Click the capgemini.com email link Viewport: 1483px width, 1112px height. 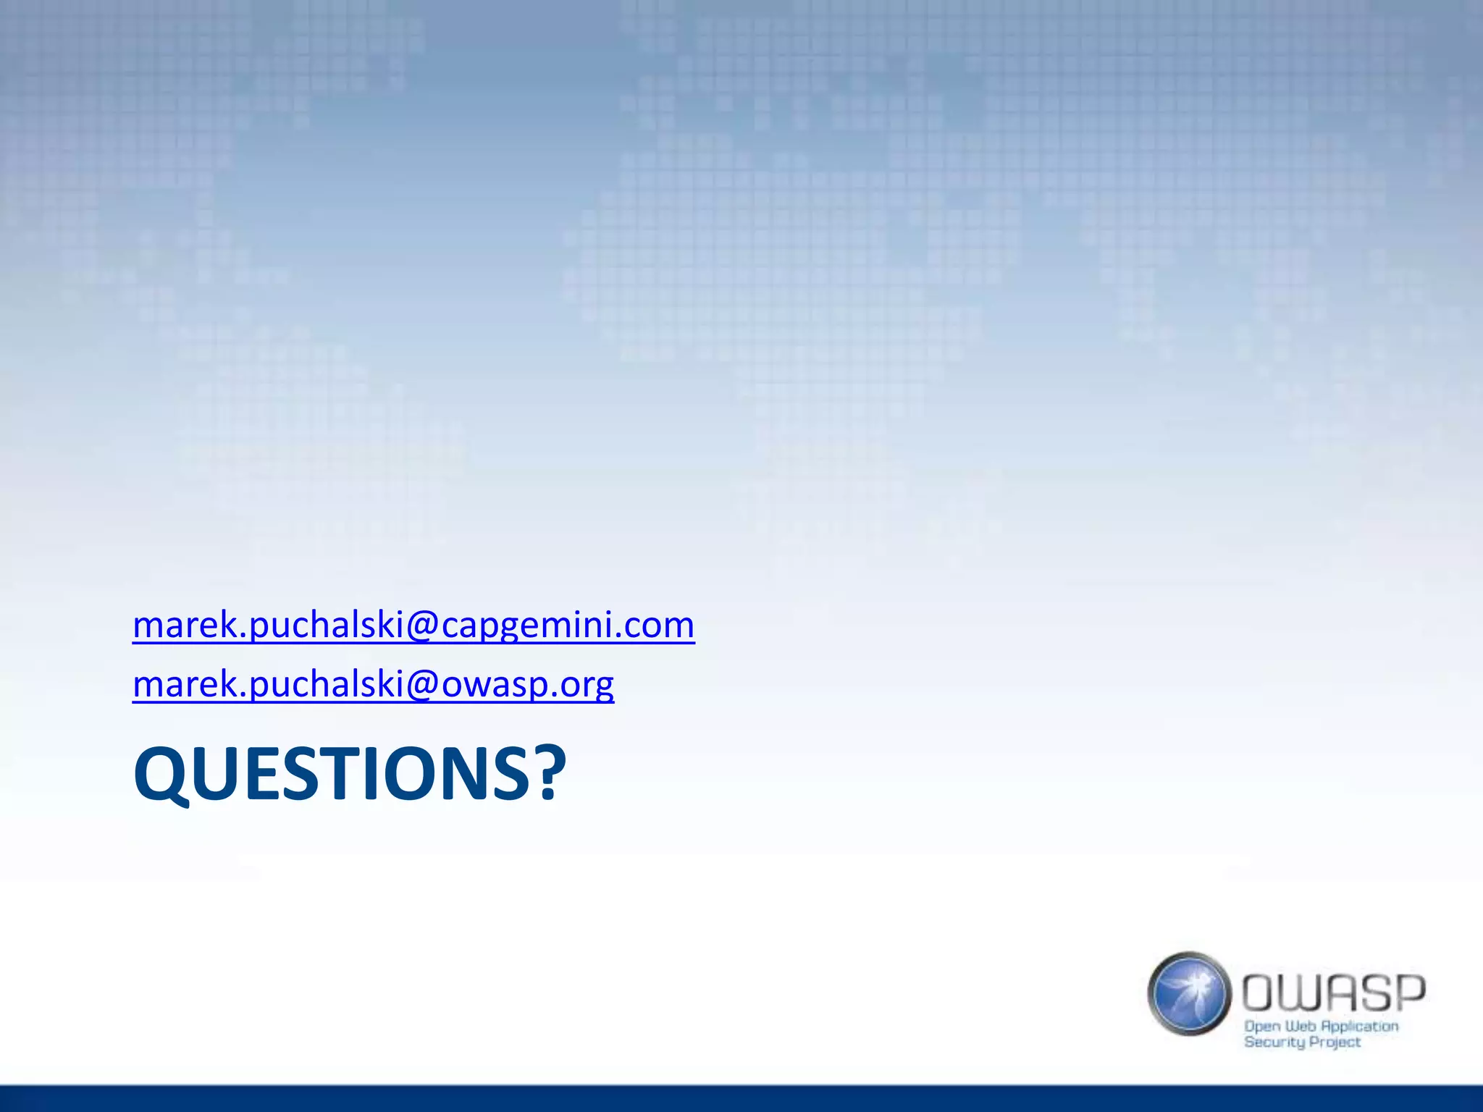(413, 625)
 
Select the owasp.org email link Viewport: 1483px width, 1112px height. (373, 684)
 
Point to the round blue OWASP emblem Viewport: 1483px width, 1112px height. (1189, 993)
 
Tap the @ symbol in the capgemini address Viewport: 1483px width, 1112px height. (422, 625)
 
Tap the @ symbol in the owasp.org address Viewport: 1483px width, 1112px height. (422, 684)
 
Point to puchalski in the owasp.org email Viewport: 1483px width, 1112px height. (326, 684)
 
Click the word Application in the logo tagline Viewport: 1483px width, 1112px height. (1359, 1027)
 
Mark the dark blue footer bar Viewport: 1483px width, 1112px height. (741, 1098)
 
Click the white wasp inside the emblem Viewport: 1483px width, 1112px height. (1191, 987)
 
